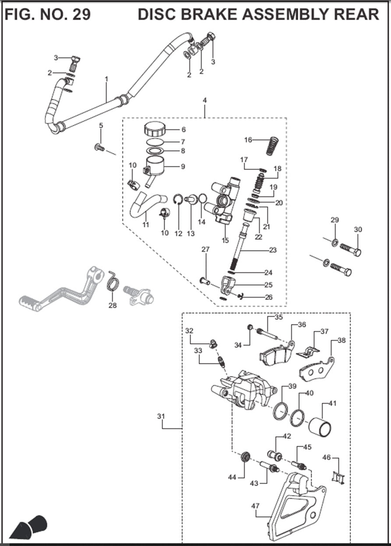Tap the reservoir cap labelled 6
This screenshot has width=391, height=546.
pyautogui.click(x=154, y=130)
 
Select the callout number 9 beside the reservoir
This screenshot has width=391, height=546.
pyautogui.click(x=183, y=166)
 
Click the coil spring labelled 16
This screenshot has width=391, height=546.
pyautogui.click(x=272, y=145)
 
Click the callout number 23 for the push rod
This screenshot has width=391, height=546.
pyautogui.click(x=273, y=251)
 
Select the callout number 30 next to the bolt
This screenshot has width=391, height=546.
pyautogui.click(x=358, y=230)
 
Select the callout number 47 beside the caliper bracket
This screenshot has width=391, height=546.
pyautogui.click(x=256, y=506)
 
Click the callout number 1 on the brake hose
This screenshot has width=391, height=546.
pyautogui.click(x=106, y=79)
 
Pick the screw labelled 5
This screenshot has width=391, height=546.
pyautogui.click(x=99, y=148)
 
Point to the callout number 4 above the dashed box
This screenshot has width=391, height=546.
pyautogui.click(x=204, y=100)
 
